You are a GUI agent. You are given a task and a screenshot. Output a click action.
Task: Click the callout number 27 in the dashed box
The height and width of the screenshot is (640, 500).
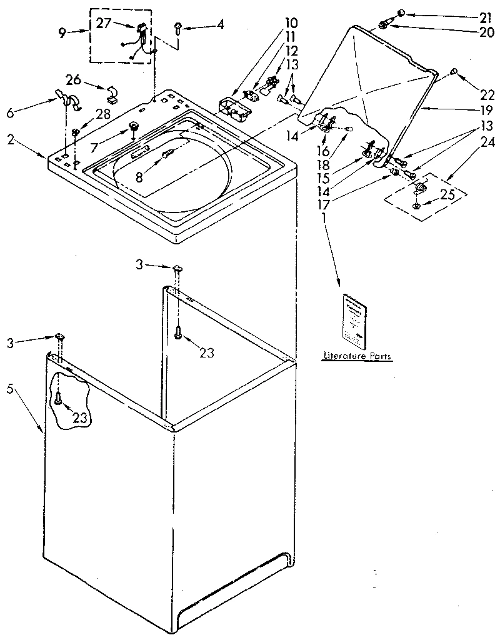(x=104, y=24)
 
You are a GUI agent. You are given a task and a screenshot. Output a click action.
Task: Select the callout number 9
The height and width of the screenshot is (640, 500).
(x=62, y=34)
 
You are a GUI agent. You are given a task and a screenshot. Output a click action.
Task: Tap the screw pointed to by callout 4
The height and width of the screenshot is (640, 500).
(x=178, y=27)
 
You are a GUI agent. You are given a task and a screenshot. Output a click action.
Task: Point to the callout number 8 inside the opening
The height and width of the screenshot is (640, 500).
(x=138, y=177)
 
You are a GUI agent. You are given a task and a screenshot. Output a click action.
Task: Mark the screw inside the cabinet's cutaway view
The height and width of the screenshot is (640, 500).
(x=58, y=397)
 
